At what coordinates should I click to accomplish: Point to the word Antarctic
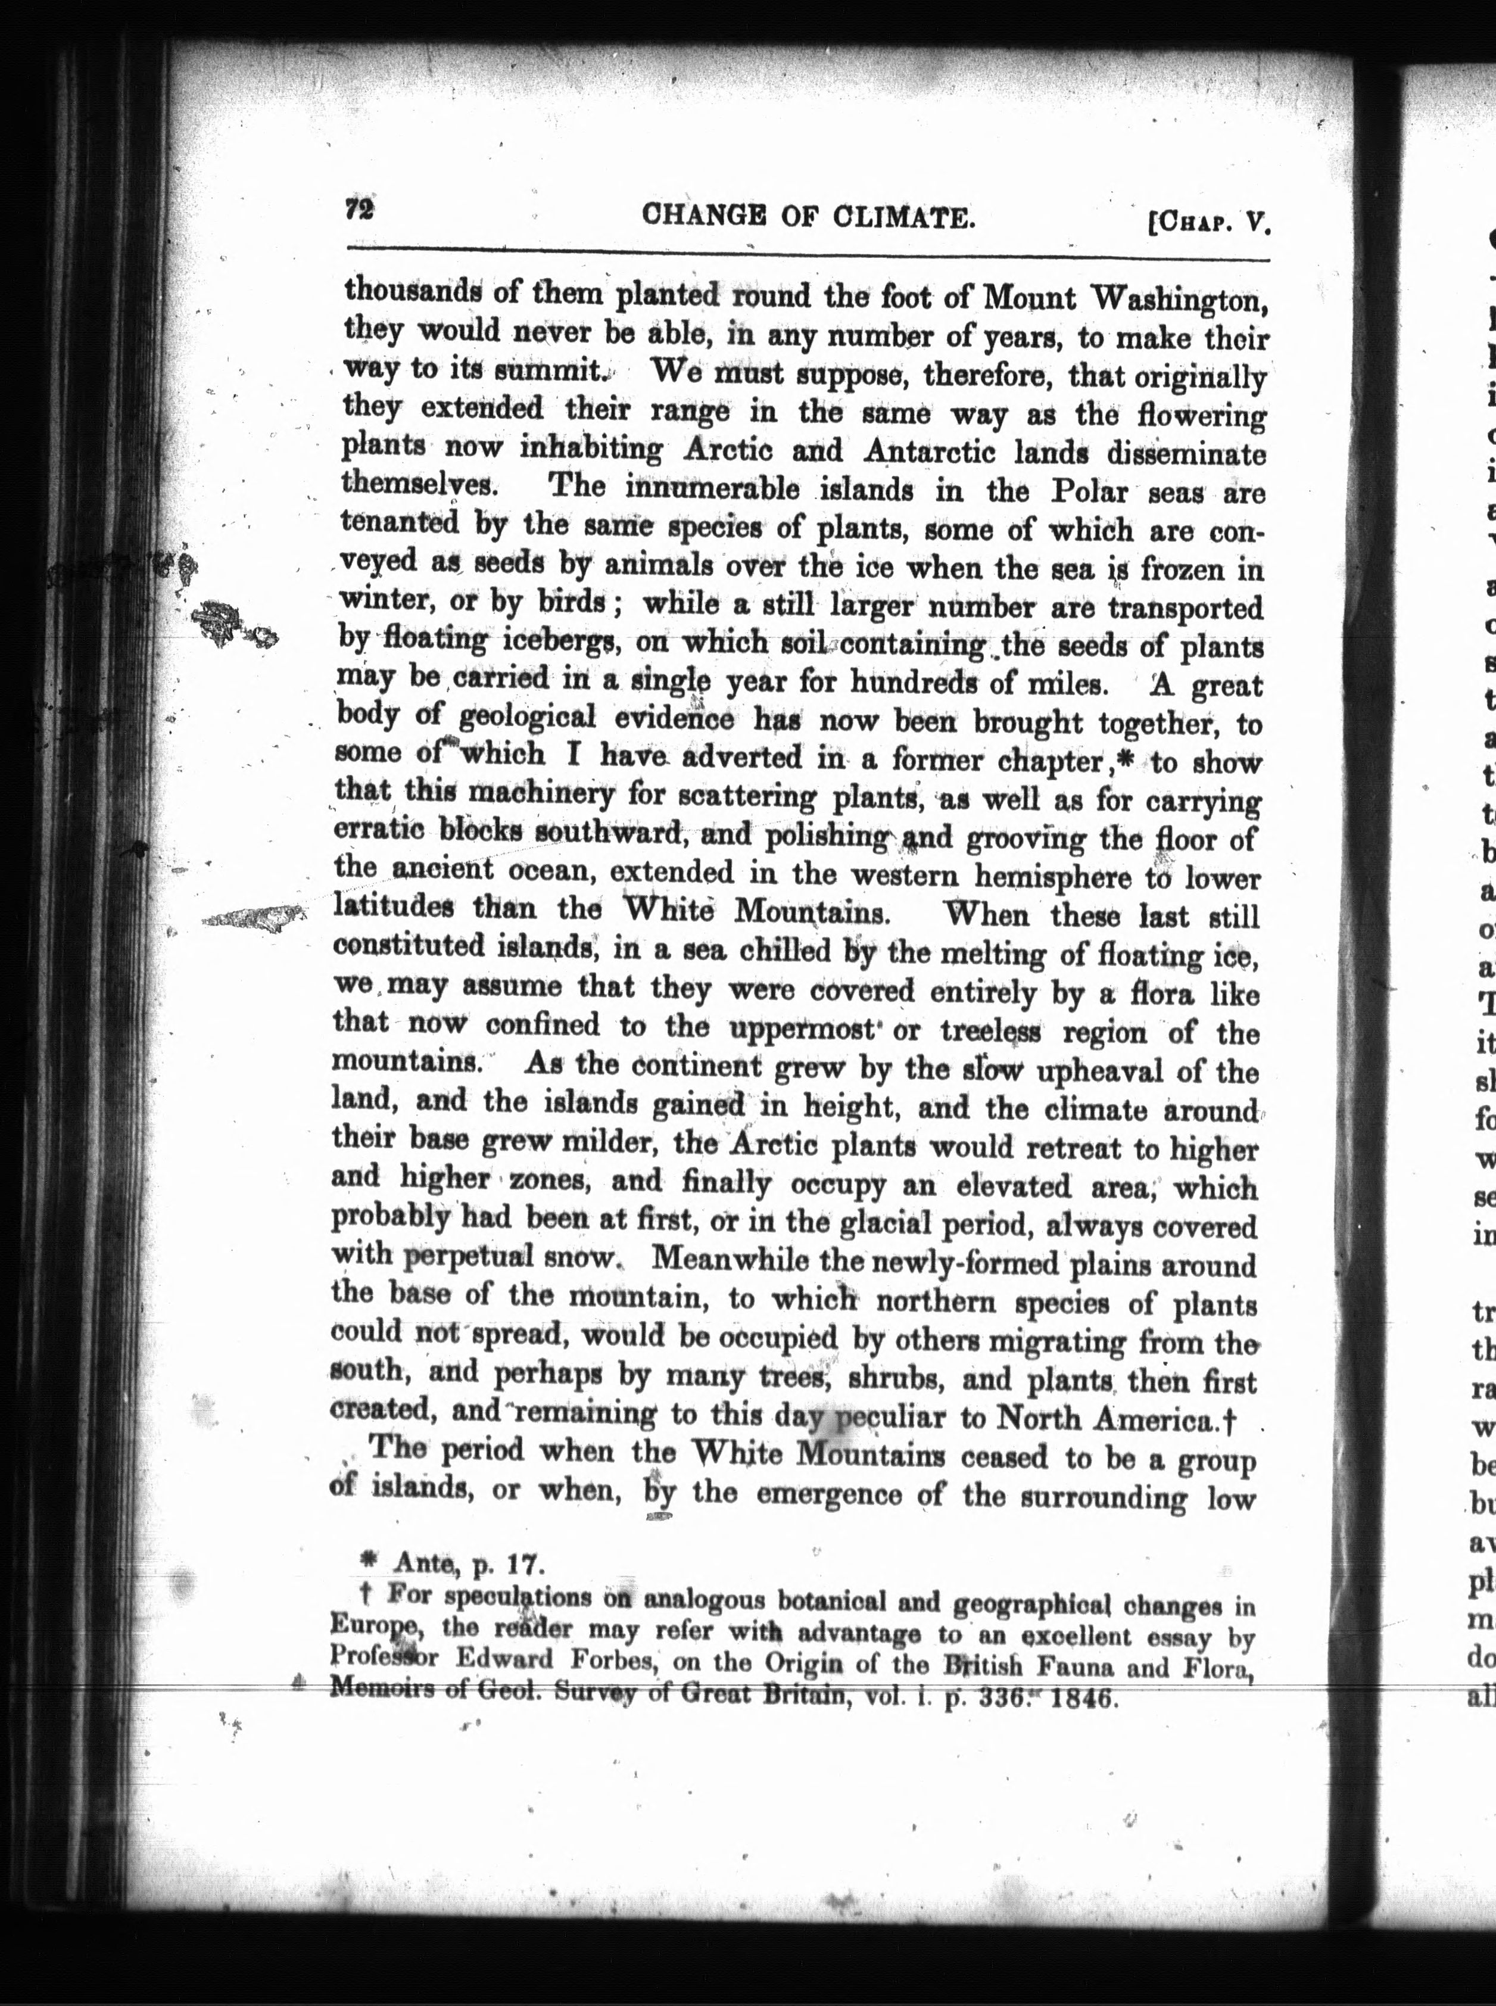[927, 450]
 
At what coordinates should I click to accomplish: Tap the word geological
[527, 718]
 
